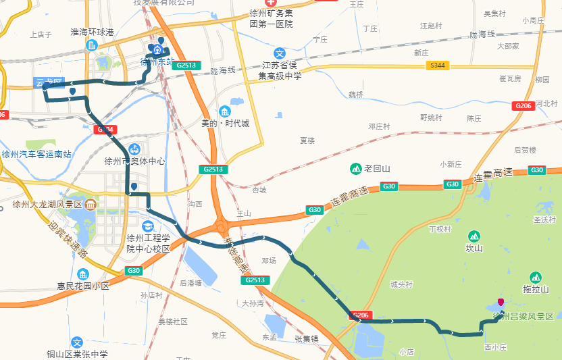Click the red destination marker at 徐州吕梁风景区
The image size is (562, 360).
coord(501,303)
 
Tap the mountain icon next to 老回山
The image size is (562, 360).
coord(355,168)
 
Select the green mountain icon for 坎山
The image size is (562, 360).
coord(474,236)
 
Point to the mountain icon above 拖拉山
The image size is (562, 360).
coord(536,277)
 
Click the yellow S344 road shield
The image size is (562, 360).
coord(437,66)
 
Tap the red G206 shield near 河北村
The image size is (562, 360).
coord(523,106)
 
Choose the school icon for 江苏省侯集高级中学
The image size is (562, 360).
coord(280,53)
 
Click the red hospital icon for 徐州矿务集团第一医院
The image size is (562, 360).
coord(277,2)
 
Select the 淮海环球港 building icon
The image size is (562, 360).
coord(92,45)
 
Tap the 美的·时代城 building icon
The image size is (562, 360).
coord(225,111)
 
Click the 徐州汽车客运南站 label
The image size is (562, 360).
coord(36,154)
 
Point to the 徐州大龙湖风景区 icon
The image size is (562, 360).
coord(91,205)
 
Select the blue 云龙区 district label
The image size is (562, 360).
coord(49,82)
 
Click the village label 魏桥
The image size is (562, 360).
coord(355,94)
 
